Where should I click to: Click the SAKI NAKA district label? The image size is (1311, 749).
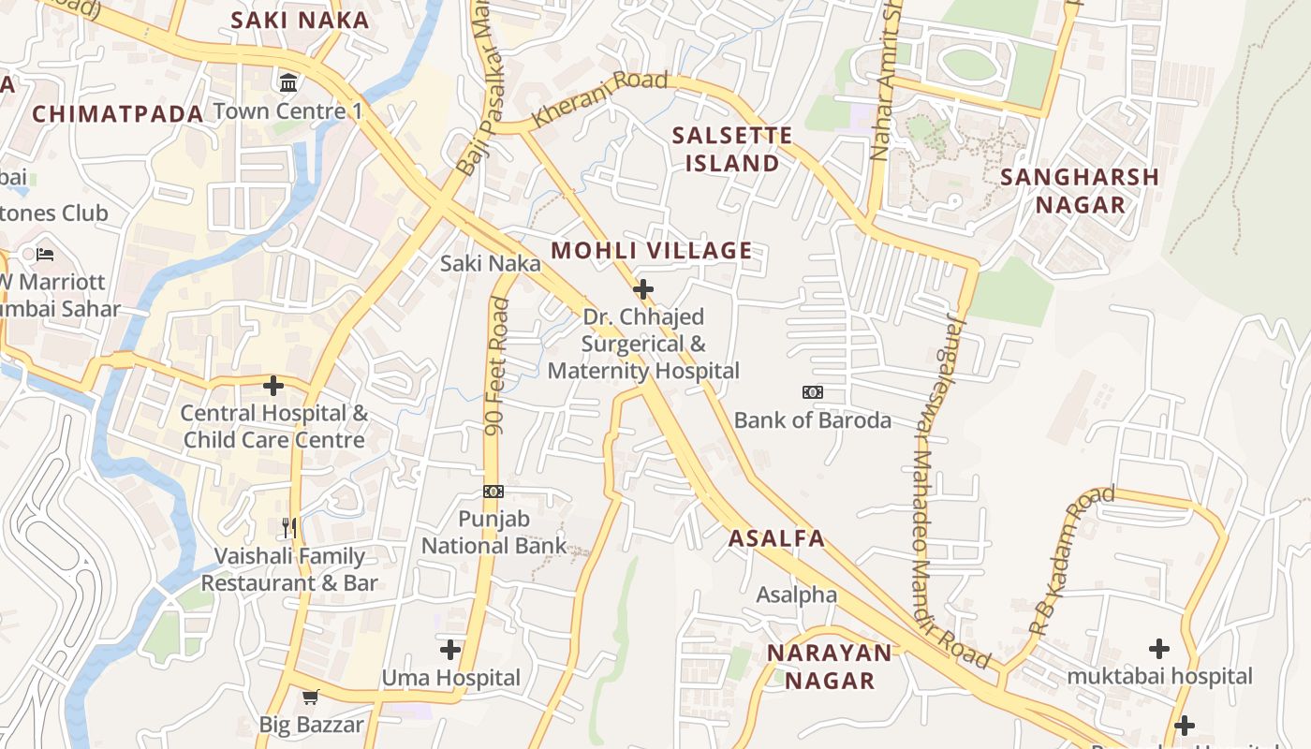pyautogui.click(x=300, y=20)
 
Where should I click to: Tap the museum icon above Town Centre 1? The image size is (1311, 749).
pyautogui.click(x=288, y=82)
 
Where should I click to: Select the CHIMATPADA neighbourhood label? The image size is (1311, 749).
pyautogui.click(x=118, y=114)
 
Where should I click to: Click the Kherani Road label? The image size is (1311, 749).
pyautogui.click(x=599, y=98)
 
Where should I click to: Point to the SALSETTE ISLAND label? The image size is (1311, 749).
pyautogui.click(x=732, y=149)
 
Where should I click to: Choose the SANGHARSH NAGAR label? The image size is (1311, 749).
pyautogui.click(x=1080, y=190)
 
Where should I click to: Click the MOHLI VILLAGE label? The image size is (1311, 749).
pyautogui.click(x=652, y=250)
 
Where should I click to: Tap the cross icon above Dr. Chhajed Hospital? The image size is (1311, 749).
pyautogui.click(x=643, y=288)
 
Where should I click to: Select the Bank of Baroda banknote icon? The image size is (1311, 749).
pyautogui.click(x=813, y=392)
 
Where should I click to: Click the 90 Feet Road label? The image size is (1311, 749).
pyautogui.click(x=497, y=366)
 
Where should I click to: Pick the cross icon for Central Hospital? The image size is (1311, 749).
pyautogui.click(x=273, y=385)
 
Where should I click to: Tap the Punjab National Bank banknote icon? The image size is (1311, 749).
pyautogui.click(x=493, y=492)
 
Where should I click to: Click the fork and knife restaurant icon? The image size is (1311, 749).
pyautogui.click(x=289, y=528)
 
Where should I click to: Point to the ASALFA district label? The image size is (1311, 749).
pyautogui.click(x=776, y=538)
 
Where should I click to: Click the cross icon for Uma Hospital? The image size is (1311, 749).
pyautogui.click(x=450, y=649)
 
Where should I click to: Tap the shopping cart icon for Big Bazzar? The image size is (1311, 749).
pyautogui.click(x=311, y=697)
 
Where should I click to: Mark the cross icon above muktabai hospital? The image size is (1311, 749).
pyautogui.click(x=1159, y=648)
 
